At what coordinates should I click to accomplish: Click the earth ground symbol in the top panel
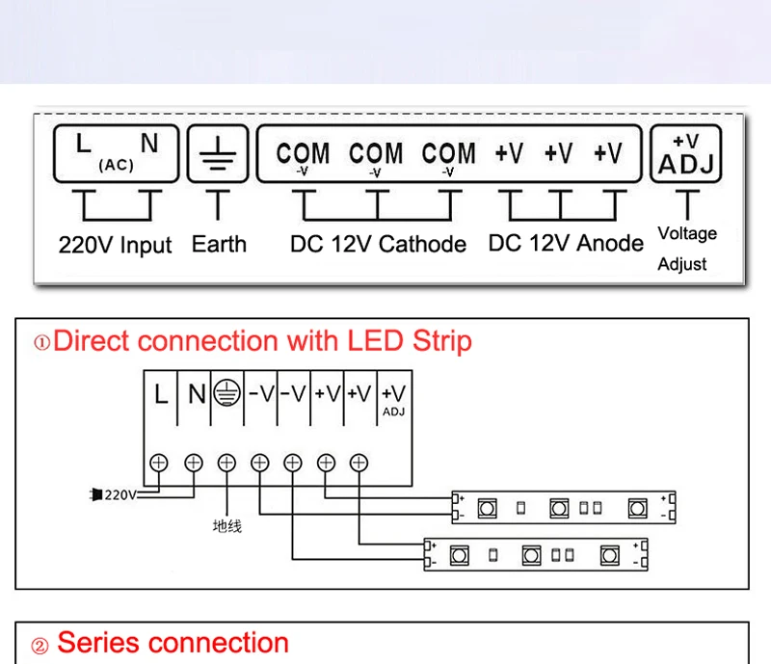pos(218,153)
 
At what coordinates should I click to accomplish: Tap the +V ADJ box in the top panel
pos(686,154)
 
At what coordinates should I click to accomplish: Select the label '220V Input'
pos(115,245)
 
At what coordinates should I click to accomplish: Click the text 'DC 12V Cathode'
pos(378,244)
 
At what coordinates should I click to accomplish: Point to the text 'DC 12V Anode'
pos(566,243)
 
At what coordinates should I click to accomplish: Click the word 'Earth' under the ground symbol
pos(219,244)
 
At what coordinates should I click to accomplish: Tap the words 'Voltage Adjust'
pos(687,249)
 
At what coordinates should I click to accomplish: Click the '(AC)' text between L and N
pos(116,165)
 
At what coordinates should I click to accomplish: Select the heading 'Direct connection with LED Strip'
pos(262,341)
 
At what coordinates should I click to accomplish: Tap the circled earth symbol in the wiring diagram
pos(226,392)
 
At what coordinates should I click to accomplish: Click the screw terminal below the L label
pos(158,463)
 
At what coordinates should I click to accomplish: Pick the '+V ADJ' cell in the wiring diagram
pos(394,399)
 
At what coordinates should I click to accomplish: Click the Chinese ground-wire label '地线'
pos(227,526)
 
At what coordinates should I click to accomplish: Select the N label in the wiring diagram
pos(197,394)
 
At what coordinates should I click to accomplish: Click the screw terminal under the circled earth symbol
pos(226,463)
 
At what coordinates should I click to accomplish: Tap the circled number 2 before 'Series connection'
pos(40,646)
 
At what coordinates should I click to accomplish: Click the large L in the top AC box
pos(84,144)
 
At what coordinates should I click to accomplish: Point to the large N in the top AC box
pos(149,144)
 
